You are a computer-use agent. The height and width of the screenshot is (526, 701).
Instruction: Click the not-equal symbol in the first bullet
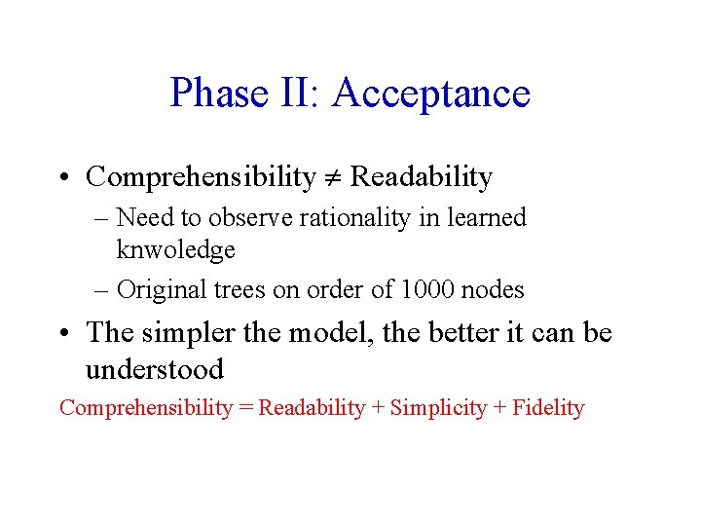click(x=332, y=178)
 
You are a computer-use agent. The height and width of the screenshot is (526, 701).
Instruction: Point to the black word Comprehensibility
click(x=201, y=177)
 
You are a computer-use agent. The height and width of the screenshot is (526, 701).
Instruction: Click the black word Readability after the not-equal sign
click(x=421, y=177)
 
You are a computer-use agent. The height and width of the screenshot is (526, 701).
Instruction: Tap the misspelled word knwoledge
click(x=175, y=250)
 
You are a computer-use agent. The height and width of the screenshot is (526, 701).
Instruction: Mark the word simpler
click(x=183, y=333)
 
